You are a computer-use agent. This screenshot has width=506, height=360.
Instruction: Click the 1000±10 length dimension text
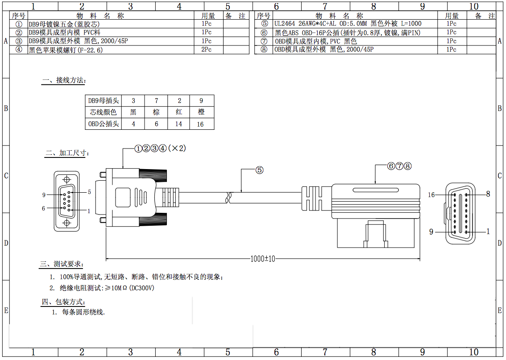tap(263, 258)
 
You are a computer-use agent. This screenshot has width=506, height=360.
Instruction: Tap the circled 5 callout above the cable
tap(259, 170)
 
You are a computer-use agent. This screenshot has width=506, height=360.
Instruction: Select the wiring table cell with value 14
tap(178, 124)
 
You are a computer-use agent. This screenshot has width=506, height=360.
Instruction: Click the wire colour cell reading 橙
tap(201, 112)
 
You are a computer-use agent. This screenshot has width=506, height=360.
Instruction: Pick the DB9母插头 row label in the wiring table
tap(103, 100)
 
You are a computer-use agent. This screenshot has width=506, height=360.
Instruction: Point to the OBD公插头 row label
tap(103, 124)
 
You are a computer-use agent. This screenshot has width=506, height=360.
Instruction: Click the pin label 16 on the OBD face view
tap(431, 194)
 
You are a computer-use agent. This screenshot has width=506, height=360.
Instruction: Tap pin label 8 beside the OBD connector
tap(488, 194)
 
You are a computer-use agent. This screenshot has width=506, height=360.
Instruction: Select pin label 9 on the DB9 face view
tap(44, 194)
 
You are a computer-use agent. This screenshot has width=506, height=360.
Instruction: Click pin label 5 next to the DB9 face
tap(89, 192)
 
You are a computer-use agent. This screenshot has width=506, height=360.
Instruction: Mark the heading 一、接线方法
tap(64, 80)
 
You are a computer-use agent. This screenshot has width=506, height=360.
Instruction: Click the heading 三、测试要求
tap(61, 264)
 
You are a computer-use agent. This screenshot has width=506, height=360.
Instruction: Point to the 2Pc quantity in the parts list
tap(206, 50)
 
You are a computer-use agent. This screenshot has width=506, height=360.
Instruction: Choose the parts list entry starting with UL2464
tap(348, 23)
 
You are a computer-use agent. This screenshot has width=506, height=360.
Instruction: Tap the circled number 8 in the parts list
tap(265, 50)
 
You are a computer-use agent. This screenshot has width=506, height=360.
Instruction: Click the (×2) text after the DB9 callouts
tap(177, 148)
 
